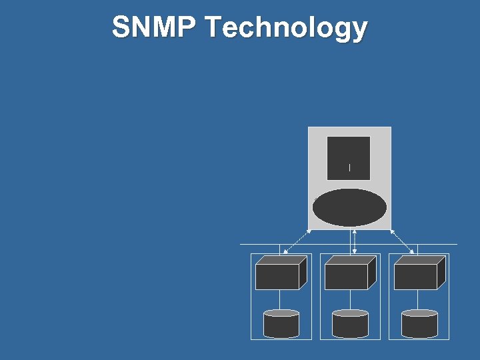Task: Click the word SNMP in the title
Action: [x=155, y=28]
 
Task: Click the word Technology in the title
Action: [x=287, y=28]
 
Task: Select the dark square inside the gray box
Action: [x=349, y=158]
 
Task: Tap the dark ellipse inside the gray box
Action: [x=349, y=208]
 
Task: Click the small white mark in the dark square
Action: [x=349, y=167]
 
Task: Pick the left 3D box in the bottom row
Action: [x=277, y=276]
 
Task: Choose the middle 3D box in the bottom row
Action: [x=346, y=276]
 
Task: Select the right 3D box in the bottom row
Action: [x=415, y=276]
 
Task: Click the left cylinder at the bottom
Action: [x=281, y=324]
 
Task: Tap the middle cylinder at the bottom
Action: [x=350, y=324]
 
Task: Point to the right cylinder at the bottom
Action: [x=419, y=324]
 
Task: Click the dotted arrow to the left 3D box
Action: [x=297, y=242]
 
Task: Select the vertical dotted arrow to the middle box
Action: [x=354, y=242]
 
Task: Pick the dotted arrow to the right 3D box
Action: [x=403, y=242]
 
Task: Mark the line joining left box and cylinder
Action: [x=281, y=299]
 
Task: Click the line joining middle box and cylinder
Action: [x=350, y=299]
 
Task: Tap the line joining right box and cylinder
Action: [x=419, y=299]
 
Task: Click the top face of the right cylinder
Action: [x=419, y=313]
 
